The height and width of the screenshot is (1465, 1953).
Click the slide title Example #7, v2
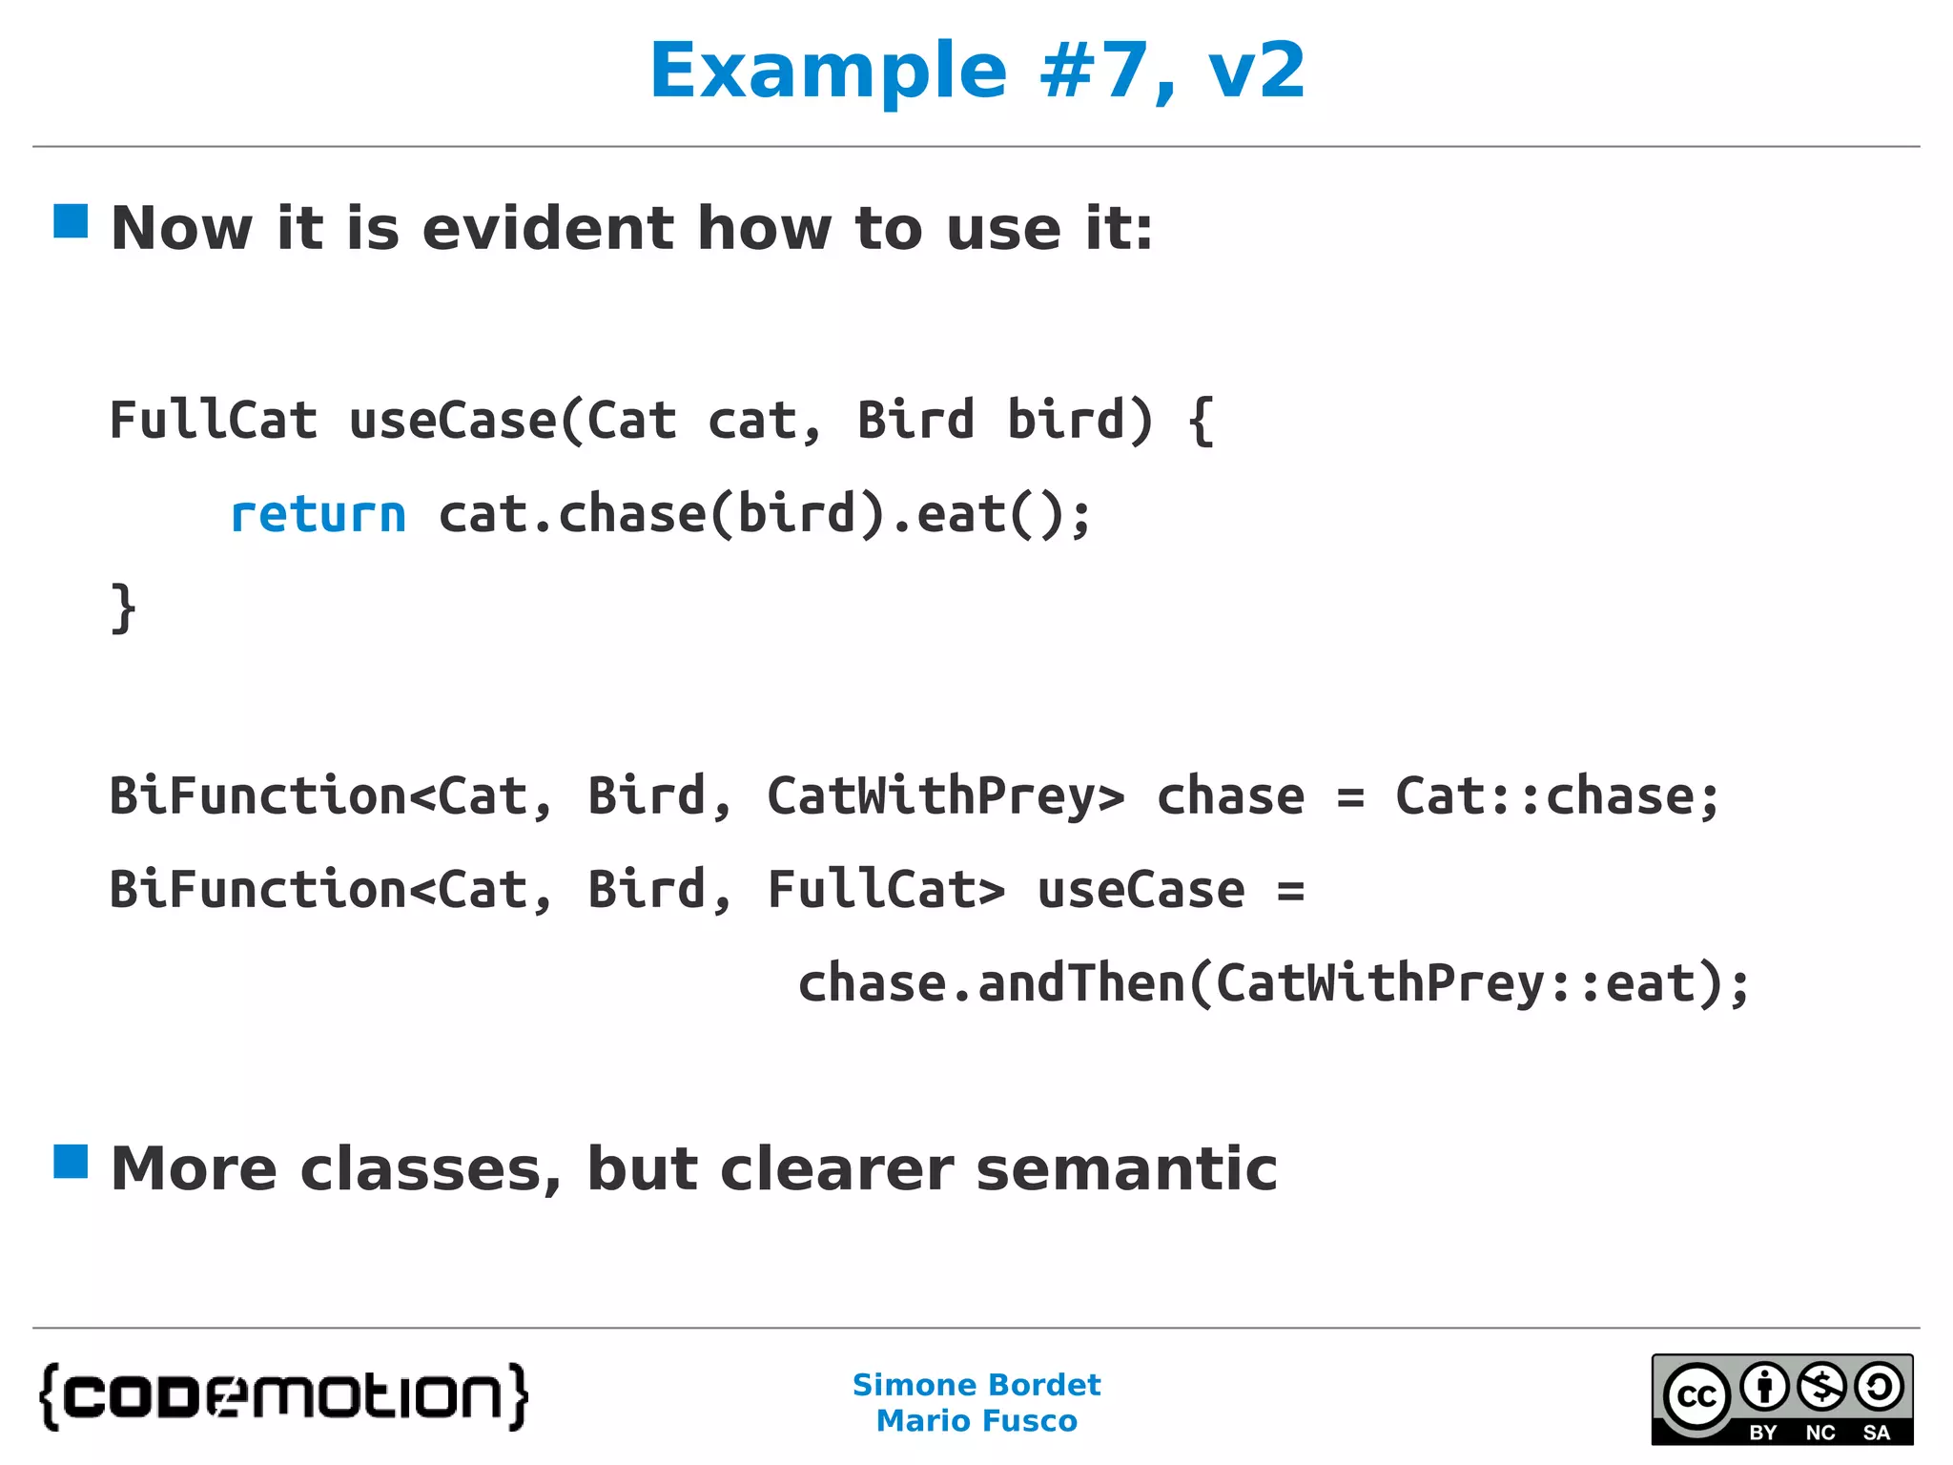tap(976, 71)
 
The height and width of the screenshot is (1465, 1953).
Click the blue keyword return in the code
tap(319, 515)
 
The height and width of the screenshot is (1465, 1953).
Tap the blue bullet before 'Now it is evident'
tap(71, 221)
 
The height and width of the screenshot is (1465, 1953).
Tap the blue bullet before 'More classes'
tap(71, 1162)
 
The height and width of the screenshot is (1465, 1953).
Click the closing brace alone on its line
tap(124, 609)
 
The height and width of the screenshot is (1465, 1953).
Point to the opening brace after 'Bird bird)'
tap(1202, 421)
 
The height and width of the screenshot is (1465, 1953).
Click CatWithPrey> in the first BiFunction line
tap(946, 796)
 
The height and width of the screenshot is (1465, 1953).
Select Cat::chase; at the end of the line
tap(1556, 796)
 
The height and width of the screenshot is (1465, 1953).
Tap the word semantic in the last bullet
tap(1126, 1169)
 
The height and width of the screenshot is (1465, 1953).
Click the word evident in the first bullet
tap(548, 229)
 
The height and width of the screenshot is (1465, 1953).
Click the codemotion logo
tap(283, 1396)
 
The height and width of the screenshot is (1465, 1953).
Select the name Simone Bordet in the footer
tap(976, 1385)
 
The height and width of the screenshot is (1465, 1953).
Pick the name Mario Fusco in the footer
tap(976, 1421)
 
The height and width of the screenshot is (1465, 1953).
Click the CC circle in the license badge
tap(1696, 1396)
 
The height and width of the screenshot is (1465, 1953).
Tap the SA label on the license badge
tap(1876, 1433)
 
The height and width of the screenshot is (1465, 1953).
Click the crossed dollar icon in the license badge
tap(1821, 1388)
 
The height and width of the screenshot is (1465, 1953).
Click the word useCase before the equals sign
tap(1141, 890)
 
